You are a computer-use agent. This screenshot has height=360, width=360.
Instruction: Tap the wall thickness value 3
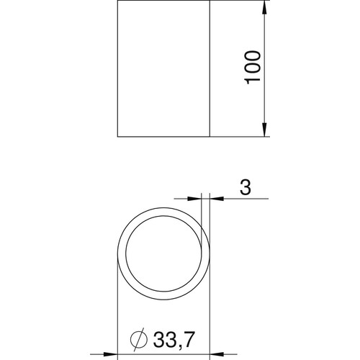coord(246,187)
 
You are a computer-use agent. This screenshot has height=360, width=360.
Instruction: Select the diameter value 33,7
coord(173,340)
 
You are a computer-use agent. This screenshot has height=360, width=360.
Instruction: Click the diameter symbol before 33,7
coord(139,338)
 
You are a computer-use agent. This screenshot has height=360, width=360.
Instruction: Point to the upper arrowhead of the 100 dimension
coord(264,8)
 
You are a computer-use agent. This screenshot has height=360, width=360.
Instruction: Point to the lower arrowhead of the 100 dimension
coord(264,130)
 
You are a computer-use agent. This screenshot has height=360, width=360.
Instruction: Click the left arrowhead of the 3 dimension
coord(194,199)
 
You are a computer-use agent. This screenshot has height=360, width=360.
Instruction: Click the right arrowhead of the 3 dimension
coord(217,199)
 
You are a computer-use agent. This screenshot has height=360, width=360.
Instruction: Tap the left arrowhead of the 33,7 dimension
coord(110,354)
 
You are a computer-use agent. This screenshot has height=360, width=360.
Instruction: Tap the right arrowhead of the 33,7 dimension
coord(217,354)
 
